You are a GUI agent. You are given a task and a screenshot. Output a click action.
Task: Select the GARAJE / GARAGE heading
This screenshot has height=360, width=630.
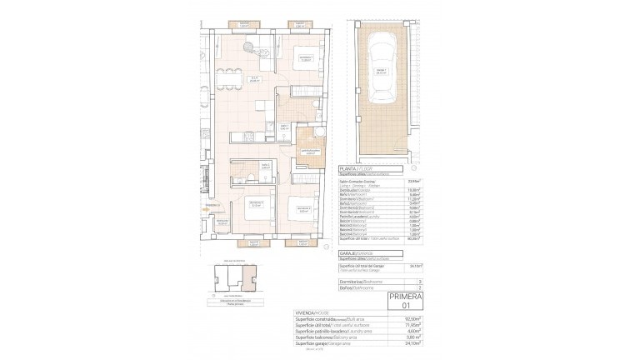tap(367, 251)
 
